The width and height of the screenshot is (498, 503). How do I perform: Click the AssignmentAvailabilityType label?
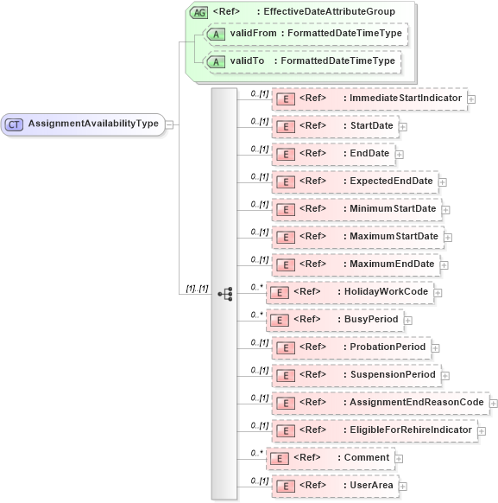click(93, 124)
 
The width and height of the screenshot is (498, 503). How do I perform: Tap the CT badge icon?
click(14, 124)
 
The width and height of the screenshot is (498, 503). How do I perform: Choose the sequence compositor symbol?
click(225, 294)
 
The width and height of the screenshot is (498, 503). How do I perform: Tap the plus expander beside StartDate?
click(403, 127)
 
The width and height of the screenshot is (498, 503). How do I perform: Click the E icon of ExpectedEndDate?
click(284, 181)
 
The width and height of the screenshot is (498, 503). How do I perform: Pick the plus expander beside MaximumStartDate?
click(448, 237)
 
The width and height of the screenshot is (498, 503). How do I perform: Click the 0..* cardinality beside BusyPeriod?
click(256, 315)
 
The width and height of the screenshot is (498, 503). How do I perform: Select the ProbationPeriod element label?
click(388, 347)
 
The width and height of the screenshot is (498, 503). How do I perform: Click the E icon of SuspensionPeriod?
click(284, 375)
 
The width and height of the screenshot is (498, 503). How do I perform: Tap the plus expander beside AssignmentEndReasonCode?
click(494, 403)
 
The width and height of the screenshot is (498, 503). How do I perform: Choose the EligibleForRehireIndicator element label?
click(411, 430)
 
